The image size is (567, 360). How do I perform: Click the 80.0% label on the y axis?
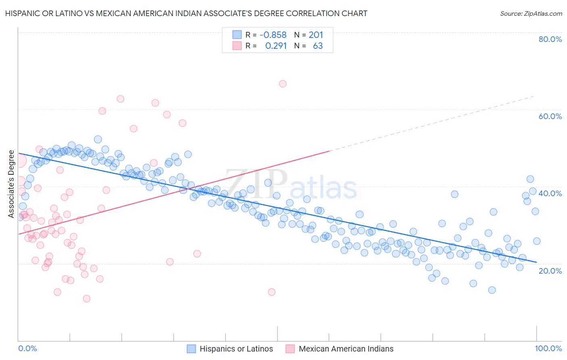[550, 39]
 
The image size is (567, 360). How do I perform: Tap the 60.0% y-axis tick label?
[550, 116]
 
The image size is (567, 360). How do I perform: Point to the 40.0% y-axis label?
[550, 193]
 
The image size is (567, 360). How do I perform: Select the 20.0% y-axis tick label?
[550, 270]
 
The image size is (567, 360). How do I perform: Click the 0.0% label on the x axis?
[27, 348]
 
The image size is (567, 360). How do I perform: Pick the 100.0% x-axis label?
[548, 348]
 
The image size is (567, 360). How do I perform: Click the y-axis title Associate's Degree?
[11, 184]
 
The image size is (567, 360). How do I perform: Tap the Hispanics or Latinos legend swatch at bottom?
[191, 349]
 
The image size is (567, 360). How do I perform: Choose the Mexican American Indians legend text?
[346, 349]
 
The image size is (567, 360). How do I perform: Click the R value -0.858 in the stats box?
[273, 35]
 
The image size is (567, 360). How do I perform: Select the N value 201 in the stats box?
[316, 35]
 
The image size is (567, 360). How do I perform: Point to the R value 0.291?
[276, 46]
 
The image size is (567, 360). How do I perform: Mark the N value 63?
[318, 46]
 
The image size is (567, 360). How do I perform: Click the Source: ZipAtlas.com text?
[531, 14]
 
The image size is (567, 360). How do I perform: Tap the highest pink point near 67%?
[283, 84]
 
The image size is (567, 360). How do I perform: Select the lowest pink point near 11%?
[86, 299]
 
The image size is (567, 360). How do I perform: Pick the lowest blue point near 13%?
[492, 290]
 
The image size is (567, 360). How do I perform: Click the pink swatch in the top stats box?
[237, 46]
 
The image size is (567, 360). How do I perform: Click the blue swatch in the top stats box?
[237, 35]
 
